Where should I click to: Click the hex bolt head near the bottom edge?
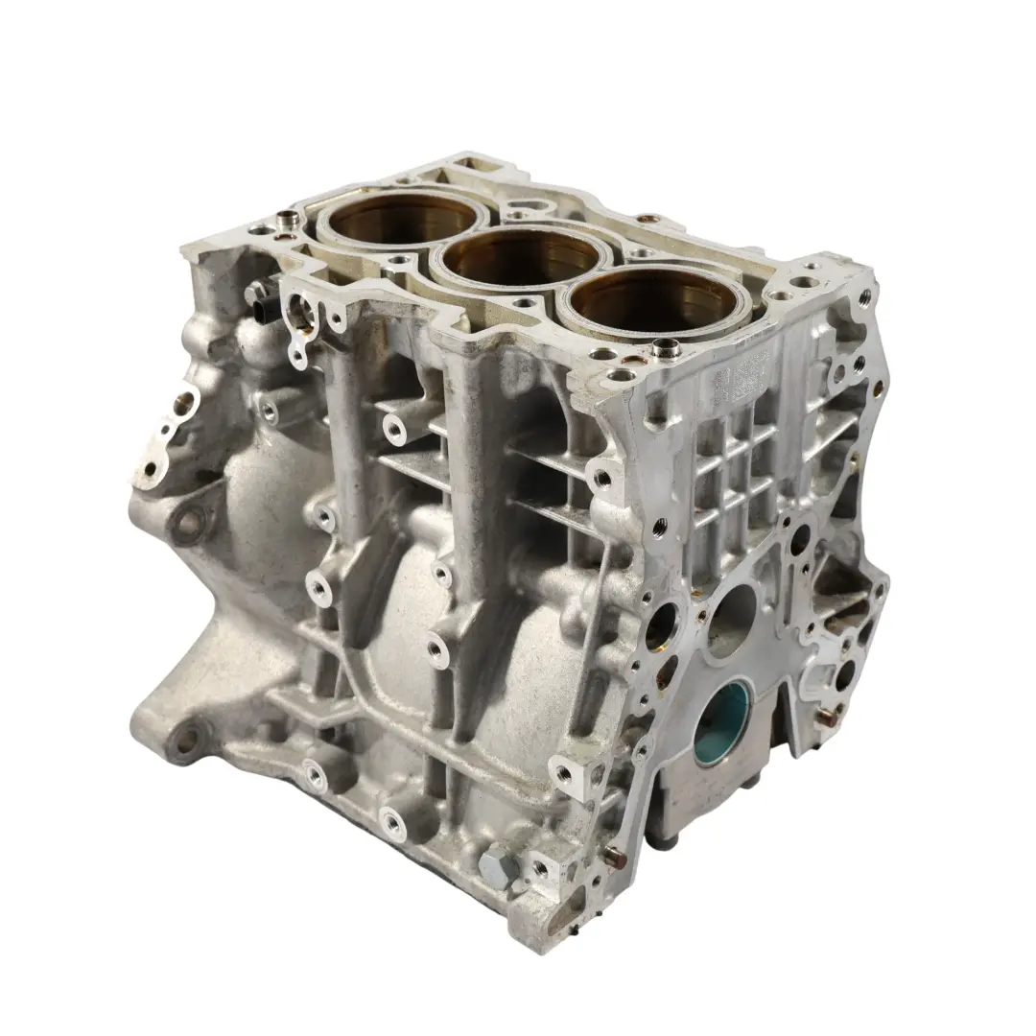[498, 868]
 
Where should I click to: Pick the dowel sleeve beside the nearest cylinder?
[661, 348]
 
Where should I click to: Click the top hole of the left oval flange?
[179, 394]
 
